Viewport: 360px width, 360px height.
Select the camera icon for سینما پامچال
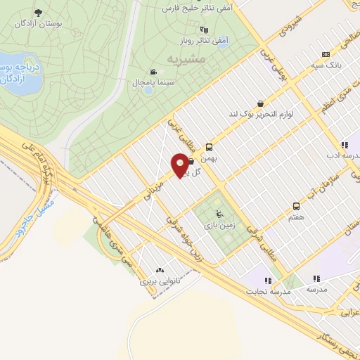click(153, 72)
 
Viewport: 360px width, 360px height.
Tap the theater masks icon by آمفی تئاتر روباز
click(204, 29)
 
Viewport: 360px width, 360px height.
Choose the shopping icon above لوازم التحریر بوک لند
click(261, 103)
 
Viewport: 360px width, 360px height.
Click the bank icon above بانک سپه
click(325, 53)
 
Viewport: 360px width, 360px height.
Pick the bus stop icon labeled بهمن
click(209, 148)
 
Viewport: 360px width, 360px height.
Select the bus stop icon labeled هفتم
click(296, 207)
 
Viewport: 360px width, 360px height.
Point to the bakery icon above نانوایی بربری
click(160, 269)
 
